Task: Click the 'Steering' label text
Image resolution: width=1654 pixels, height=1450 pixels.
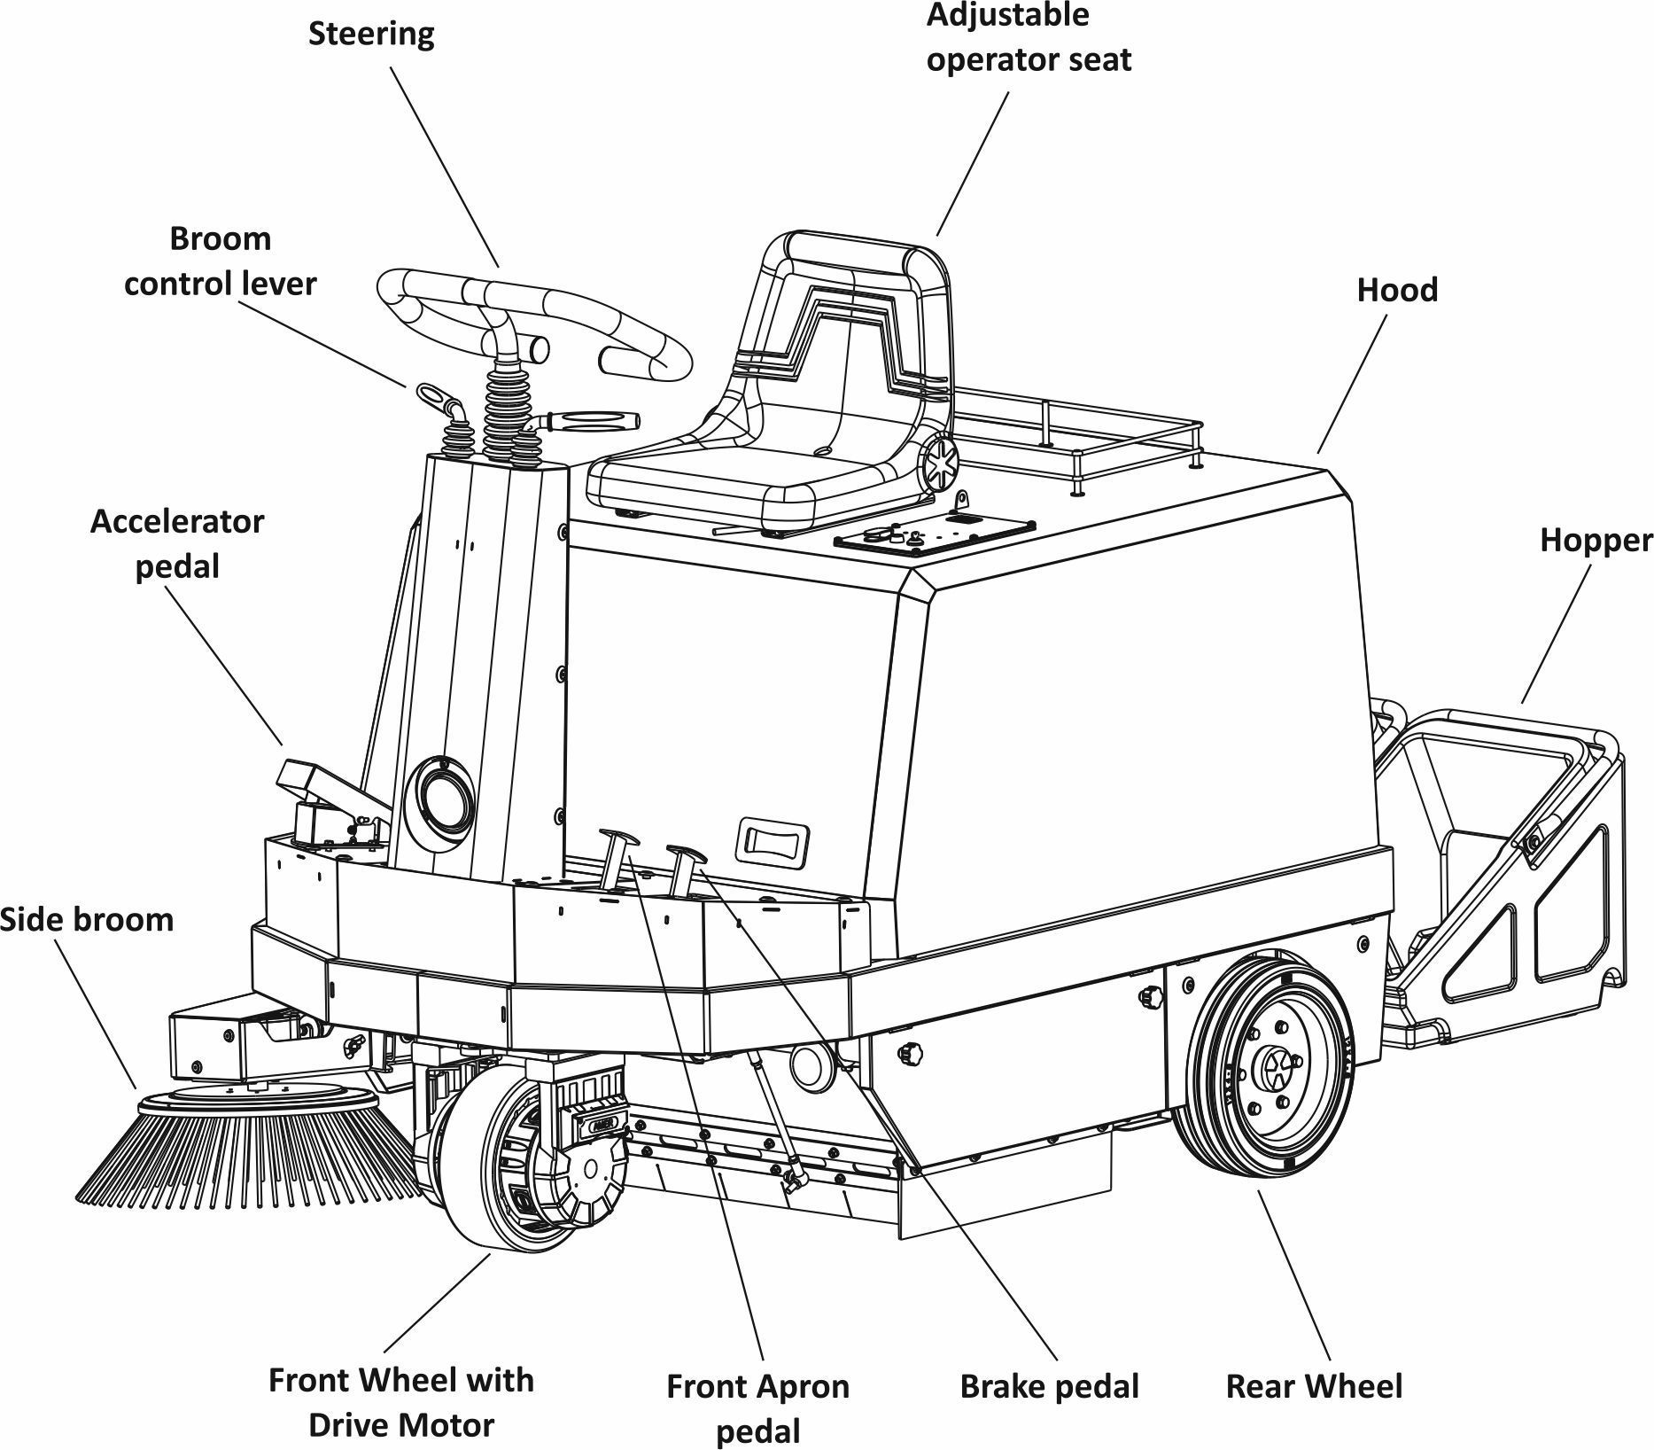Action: coord(371,35)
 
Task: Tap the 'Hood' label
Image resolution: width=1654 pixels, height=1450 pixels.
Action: coord(1397,290)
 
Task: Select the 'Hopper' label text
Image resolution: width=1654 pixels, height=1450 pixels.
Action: coord(1596,540)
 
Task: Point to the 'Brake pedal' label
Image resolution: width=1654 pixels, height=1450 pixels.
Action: coord(1049,1386)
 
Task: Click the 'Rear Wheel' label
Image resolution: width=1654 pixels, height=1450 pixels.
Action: coord(1313,1386)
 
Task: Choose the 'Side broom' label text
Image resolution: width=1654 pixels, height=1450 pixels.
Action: coord(86,919)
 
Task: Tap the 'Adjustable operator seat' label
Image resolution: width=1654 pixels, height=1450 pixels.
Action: coord(1028,37)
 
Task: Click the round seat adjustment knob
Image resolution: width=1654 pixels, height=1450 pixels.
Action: coord(940,462)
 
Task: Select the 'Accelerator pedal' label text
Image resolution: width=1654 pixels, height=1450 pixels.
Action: coord(177,543)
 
